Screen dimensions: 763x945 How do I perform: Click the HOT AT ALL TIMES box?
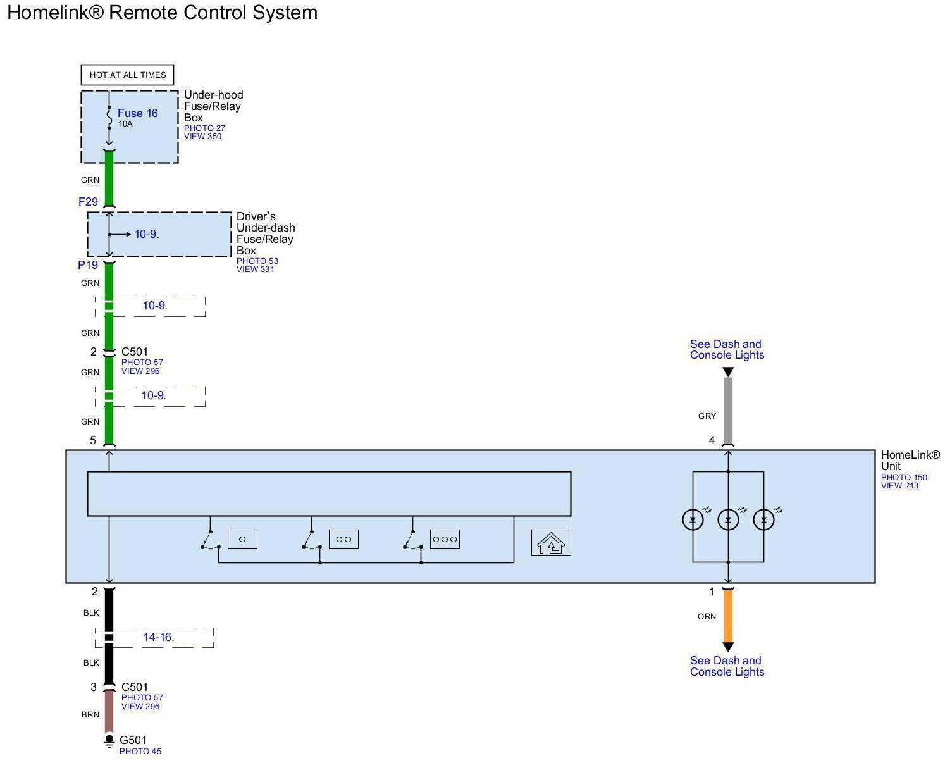tap(127, 75)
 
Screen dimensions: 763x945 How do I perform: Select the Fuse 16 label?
tap(137, 113)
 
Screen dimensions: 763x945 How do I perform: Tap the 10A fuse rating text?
tap(125, 124)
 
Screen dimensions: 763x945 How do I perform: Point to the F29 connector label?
tap(88, 202)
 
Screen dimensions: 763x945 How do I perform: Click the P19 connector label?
tap(88, 265)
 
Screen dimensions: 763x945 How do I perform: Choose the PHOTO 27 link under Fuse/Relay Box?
tap(204, 128)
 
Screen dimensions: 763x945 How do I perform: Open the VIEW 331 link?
tap(256, 269)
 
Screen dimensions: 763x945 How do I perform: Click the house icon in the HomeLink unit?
tap(551, 543)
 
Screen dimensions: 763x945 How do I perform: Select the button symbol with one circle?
tap(242, 539)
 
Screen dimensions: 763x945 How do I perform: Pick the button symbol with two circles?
tap(343, 539)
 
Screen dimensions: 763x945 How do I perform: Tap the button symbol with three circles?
tap(445, 539)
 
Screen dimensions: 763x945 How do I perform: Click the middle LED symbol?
tap(728, 519)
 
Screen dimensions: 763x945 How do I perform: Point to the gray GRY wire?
tap(728, 411)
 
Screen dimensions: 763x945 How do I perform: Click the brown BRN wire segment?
tap(109, 711)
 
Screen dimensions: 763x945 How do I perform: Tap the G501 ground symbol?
tap(109, 740)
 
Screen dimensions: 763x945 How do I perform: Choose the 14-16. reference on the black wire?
tap(158, 637)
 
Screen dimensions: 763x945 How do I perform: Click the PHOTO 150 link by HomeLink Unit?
tap(904, 477)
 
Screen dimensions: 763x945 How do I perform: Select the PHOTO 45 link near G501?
tap(140, 752)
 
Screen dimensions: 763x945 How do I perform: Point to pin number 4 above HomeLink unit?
tap(712, 440)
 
